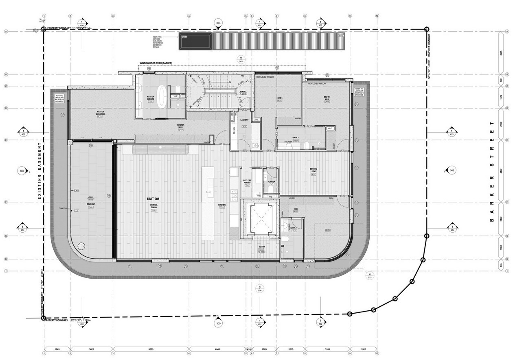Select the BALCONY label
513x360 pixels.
tap(91, 204)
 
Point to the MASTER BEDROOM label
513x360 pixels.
tap(101, 113)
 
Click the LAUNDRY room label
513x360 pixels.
tap(245, 120)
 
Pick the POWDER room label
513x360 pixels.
tap(272, 182)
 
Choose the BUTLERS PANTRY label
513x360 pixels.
tap(247, 181)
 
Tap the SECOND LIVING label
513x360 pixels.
tap(313, 170)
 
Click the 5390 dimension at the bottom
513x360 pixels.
tap(151, 349)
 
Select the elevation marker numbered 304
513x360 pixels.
tap(219, 23)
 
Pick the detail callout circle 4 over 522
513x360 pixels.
tap(370, 275)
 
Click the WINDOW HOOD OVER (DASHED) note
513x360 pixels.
tap(156, 63)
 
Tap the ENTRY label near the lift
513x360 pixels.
tap(262, 247)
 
